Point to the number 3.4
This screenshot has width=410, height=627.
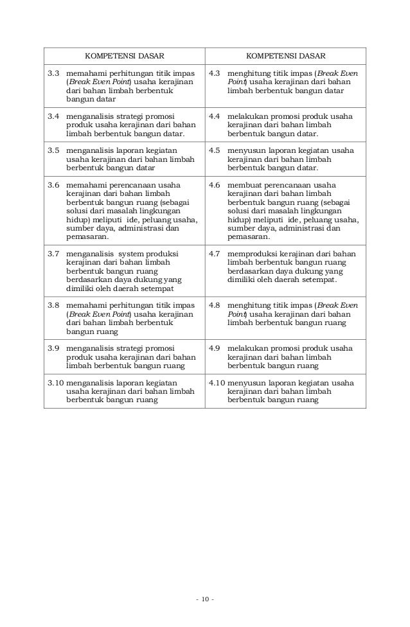pos(55,116)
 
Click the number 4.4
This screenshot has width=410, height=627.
pos(216,116)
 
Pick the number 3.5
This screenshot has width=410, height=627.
pos(55,150)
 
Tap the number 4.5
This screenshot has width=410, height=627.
pos(216,150)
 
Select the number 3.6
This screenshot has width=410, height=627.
pos(55,184)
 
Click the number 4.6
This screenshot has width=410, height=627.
pos(216,184)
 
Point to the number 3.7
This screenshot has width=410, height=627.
pos(55,253)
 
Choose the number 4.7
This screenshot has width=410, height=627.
pos(216,253)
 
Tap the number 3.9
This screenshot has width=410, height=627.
pos(55,348)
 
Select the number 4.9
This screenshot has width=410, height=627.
pos(216,348)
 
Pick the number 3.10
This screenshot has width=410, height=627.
pos(56,382)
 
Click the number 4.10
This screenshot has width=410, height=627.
pos(217,382)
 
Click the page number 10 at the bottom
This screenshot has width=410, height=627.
pos(205,600)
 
